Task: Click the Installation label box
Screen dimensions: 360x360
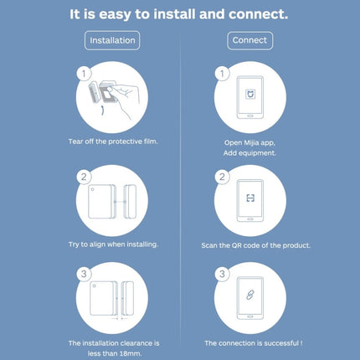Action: (x=113, y=39)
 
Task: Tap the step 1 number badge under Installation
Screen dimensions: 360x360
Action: (x=84, y=74)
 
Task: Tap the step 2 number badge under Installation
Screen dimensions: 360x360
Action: (x=84, y=177)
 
